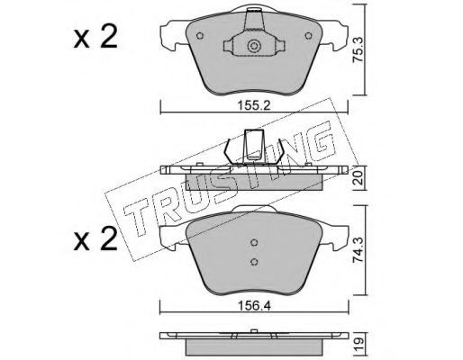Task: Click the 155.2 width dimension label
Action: [x=254, y=105]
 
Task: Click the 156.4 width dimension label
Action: [x=254, y=306]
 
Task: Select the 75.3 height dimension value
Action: [x=358, y=49]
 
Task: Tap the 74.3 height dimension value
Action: [x=358, y=250]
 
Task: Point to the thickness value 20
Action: [x=359, y=178]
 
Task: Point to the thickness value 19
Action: [x=359, y=341]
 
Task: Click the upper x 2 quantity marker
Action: [x=95, y=38]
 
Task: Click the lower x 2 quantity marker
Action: [x=95, y=239]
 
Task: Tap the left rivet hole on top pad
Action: [x=200, y=36]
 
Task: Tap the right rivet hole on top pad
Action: [x=308, y=36]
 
